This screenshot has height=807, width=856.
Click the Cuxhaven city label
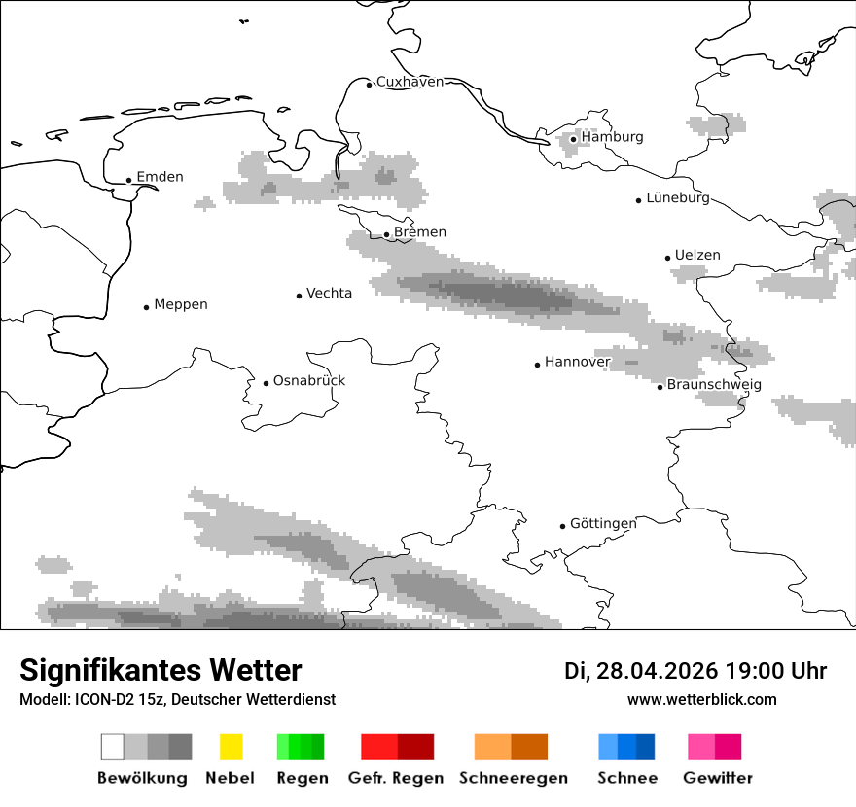410,82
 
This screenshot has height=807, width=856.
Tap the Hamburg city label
612,137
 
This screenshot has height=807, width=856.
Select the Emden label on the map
160,177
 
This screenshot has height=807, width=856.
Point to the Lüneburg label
678,198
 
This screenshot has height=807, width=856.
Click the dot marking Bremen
386,234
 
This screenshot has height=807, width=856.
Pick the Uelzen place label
697,256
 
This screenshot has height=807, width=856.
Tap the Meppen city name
181,304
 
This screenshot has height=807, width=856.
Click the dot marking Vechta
299,296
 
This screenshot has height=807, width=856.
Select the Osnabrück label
309,380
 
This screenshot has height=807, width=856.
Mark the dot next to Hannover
537,365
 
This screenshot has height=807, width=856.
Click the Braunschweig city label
714,385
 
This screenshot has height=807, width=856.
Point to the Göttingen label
603,524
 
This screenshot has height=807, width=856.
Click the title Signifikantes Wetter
160,671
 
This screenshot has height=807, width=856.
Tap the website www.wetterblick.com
701,699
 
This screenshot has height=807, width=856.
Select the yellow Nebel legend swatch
231,747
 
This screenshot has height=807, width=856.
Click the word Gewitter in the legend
717,778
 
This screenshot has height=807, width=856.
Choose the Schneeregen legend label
514,778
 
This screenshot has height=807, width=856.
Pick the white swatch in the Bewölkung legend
112,747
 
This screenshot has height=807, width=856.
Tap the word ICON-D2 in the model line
100,699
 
